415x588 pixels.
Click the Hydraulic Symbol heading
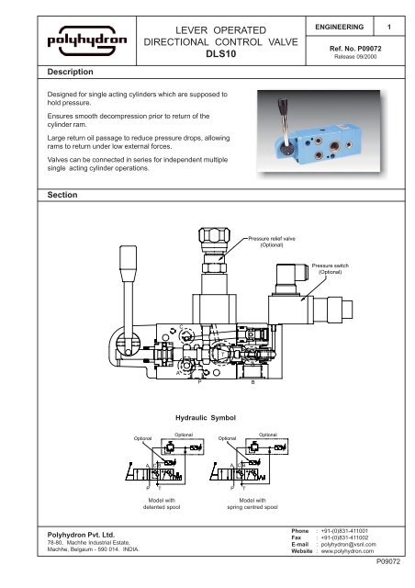[206, 418]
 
